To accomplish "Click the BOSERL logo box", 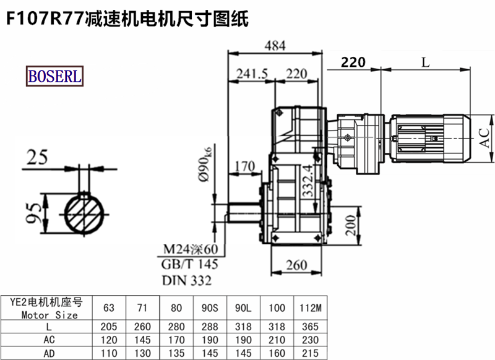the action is pyautogui.click(x=54, y=76).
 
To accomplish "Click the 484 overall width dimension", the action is pyautogui.click(x=275, y=46).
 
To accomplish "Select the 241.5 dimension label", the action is pyautogui.click(x=252, y=74).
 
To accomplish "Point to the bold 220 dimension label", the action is pyautogui.click(x=353, y=62).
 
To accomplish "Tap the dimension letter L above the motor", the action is pyautogui.click(x=426, y=62).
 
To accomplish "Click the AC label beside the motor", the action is pyautogui.click(x=484, y=138).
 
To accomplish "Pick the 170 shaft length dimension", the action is pyautogui.click(x=245, y=166).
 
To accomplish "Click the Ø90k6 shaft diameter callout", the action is pyautogui.click(x=205, y=164).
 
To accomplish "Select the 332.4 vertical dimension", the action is pyautogui.click(x=308, y=181).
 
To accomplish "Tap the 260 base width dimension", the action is pyautogui.click(x=296, y=265).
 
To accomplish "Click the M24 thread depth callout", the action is pyautogui.click(x=191, y=249).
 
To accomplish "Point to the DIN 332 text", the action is pyautogui.click(x=187, y=280).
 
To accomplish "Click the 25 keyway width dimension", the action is pyautogui.click(x=37, y=157).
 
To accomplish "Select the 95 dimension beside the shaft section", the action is pyautogui.click(x=33, y=213).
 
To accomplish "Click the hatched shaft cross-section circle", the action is pyautogui.click(x=84, y=214).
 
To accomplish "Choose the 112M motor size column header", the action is pyautogui.click(x=311, y=307).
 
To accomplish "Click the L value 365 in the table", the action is pyautogui.click(x=311, y=326).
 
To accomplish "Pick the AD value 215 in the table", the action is pyautogui.click(x=311, y=353).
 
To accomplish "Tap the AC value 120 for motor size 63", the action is pyautogui.click(x=109, y=340).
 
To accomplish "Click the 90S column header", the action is pyautogui.click(x=210, y=307).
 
